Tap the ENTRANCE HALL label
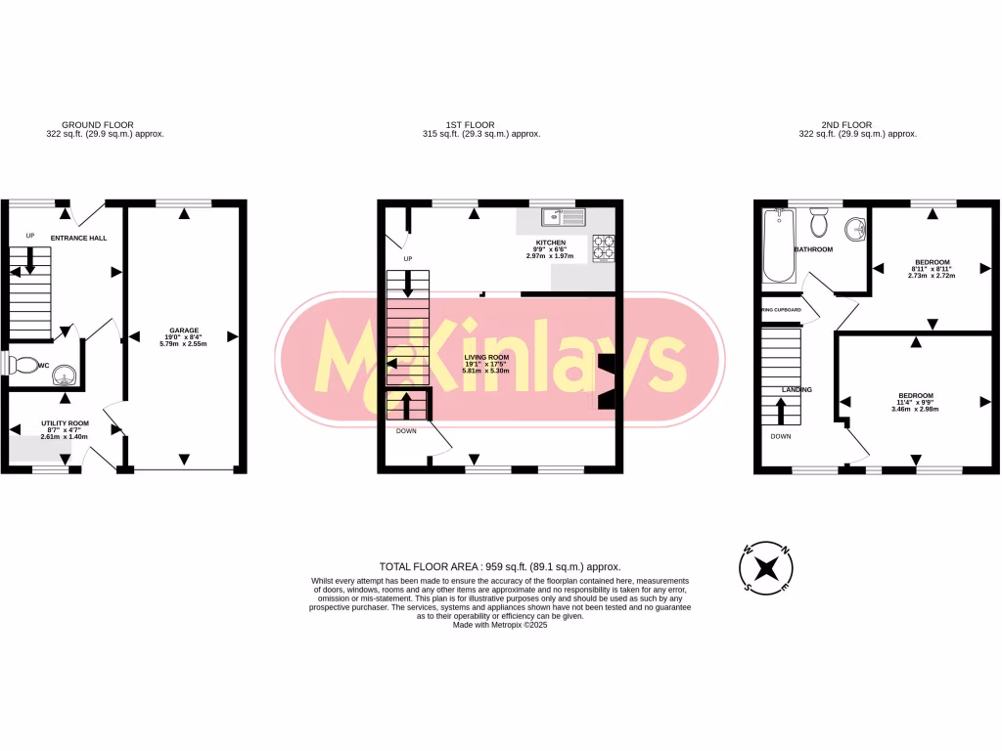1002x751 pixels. click(x=80, y=238)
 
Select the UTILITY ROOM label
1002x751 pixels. click(x=65, y=423)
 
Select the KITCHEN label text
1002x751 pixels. click(x=550, y=242)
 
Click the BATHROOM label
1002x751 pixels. click(x=813, y=249)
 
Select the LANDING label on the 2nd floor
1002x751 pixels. click(x=797, y=390)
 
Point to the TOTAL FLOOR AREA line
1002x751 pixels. click(x=500, y=566)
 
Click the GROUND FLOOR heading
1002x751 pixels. click(x=98, y=125)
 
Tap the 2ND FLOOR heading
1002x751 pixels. click(x=846, y=125)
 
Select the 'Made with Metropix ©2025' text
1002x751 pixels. click(x=500, y=625)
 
